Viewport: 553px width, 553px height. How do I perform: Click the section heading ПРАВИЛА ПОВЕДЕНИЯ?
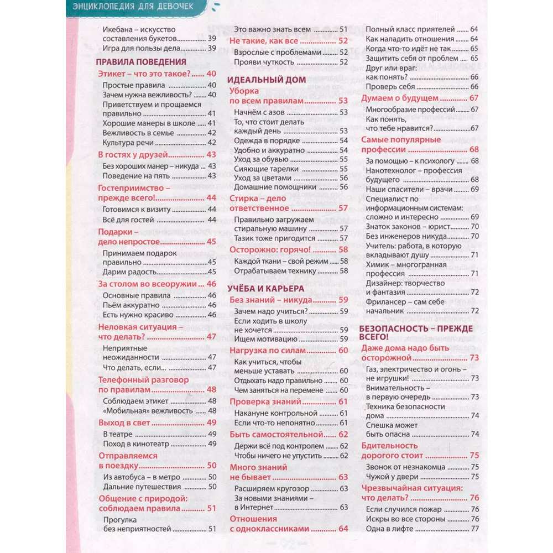point(142,62)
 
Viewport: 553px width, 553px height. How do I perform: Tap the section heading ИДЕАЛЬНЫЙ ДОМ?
point(267,80)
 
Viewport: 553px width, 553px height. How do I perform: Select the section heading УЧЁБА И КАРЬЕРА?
point(266,288)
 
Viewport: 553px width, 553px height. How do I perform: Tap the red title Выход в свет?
point(124,422)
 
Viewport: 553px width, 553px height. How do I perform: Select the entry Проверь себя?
point(390,87)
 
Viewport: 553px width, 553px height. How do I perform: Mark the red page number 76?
point(474,498)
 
